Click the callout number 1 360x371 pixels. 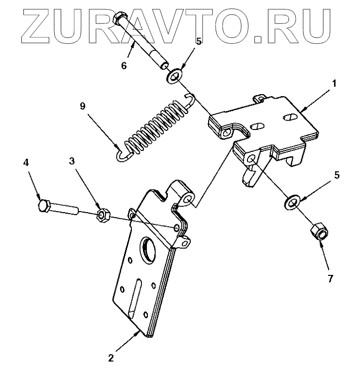(335, 84)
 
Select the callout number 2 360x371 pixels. (112, 358)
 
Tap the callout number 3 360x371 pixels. (72, 161)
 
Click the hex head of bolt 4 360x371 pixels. (43, 206)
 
